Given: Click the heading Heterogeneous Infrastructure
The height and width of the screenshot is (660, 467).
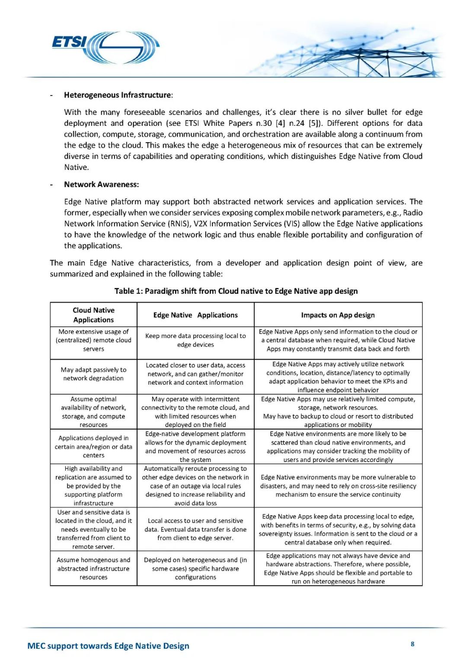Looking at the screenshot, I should [x=118, y=95].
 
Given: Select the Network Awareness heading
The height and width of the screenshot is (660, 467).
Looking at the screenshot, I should [x=101, y=185].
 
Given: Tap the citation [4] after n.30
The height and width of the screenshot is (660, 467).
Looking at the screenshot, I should [x=281, y=123].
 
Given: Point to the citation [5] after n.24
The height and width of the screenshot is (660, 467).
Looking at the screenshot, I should [x=315, y=123].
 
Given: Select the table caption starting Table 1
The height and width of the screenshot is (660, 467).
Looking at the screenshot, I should [x=236, y=291].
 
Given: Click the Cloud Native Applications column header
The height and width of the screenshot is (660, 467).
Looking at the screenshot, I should [x=93, y=315].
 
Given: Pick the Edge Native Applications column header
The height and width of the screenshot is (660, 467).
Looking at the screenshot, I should [x=195, y=315].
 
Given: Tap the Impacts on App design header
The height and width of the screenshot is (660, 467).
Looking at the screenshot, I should [x=338, y=315].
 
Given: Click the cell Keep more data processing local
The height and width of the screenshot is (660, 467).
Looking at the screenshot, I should [x=195, y=340].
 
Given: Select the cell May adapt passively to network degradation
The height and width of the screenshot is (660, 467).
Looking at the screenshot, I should [x=93, y=374].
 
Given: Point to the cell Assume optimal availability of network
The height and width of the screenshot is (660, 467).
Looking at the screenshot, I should [x=93, y=412].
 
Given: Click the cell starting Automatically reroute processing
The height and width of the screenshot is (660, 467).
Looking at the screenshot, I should [x=195, y=486].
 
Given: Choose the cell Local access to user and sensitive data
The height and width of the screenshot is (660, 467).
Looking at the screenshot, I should [x=195, y=529].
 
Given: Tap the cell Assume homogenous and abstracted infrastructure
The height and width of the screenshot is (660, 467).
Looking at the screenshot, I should [x=93, y=568].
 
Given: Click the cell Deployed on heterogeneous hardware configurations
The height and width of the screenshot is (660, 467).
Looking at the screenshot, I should [x=195, y=568].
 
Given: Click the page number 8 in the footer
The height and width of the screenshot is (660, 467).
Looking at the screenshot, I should [x=413, y=644].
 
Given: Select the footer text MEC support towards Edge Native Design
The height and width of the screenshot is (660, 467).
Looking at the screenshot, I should [x=108, y=646].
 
